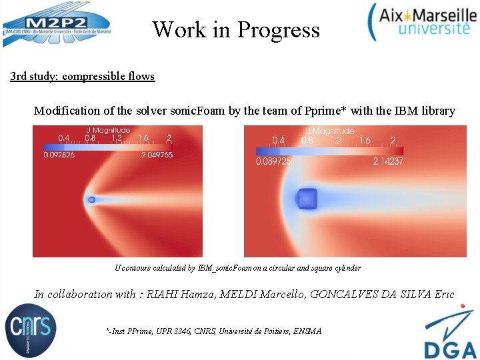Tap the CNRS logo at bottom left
(x=31, y=329)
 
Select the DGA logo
(x=450, y=333)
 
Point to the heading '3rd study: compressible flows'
(x=82, y=76)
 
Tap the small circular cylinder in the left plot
(x=91, y=199)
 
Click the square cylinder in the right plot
(x=307, y=198)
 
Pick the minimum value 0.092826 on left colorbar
(x=59, y=155)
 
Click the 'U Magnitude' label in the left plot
(x=107, y=131)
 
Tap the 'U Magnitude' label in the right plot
(x=329, y=131)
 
